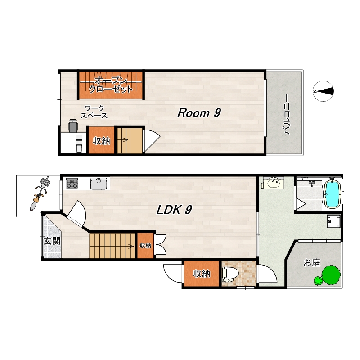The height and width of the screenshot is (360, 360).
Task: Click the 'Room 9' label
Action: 199,113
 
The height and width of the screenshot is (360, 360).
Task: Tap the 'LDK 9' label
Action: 174,209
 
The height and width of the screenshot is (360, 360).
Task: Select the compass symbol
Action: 323,91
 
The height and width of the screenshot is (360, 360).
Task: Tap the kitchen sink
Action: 99,184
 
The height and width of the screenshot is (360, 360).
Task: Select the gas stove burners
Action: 72,183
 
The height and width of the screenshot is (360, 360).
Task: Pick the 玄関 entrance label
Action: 52,241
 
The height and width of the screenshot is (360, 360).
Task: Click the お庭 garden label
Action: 312,262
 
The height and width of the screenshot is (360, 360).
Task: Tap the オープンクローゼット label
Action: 111,85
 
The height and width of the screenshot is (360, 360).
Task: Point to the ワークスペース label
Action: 94,112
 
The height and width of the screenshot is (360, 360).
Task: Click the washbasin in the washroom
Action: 273,183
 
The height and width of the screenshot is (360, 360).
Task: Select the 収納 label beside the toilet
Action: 201,274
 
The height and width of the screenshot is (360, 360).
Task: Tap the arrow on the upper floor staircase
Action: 123,139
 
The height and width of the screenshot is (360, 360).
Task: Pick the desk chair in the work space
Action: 73,126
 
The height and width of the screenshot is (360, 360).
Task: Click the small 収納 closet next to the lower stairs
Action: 145,245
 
